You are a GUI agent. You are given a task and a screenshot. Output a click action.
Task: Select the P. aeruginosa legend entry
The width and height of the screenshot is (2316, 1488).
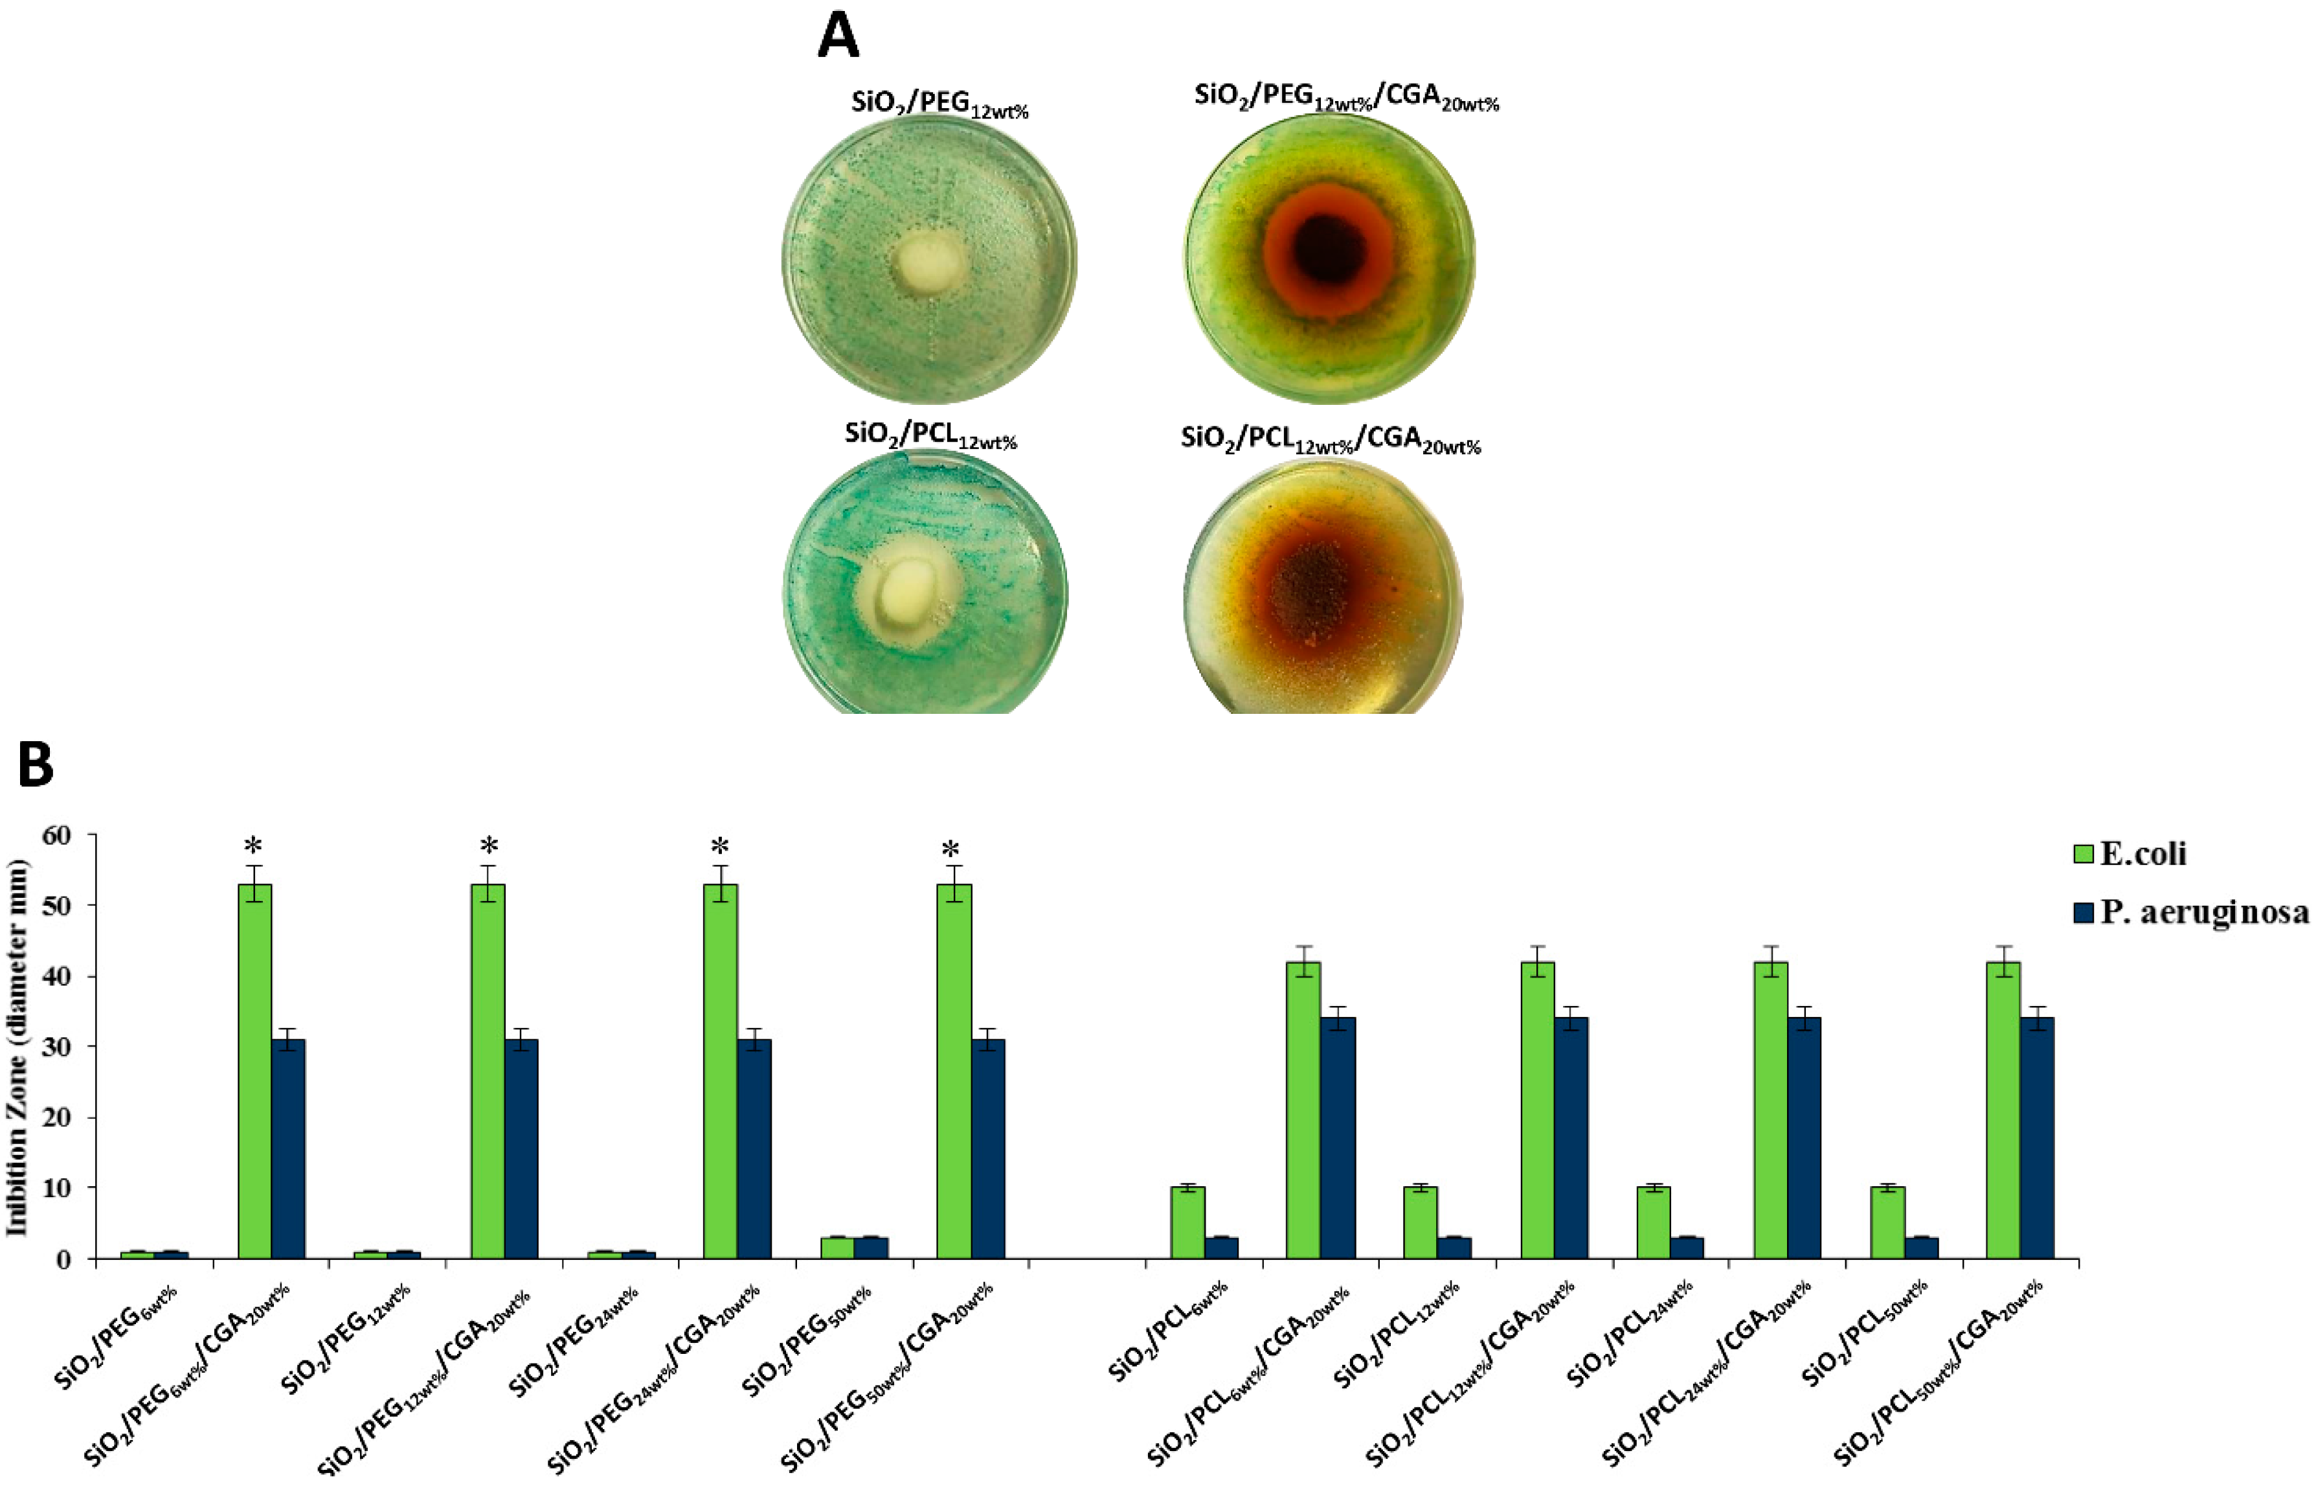[x=2203, y=911]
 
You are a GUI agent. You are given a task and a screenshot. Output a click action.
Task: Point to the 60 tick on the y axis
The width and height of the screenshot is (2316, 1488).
[x=57, y=835]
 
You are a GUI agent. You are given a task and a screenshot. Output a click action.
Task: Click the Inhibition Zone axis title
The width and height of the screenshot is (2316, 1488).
[x=17, y=1046]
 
